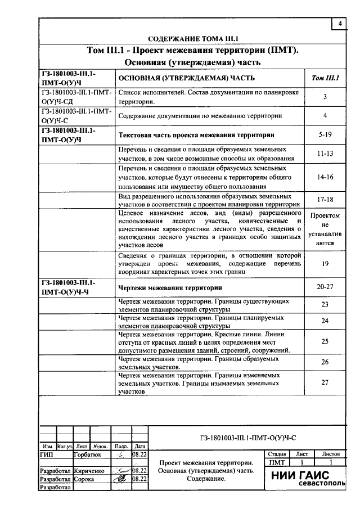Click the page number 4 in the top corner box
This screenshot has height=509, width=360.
pos(340,24)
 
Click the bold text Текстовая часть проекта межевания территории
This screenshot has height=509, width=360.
pos(196,135)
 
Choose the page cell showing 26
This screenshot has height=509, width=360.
pos(325,362)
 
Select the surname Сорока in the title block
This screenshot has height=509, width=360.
pos(84,479)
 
